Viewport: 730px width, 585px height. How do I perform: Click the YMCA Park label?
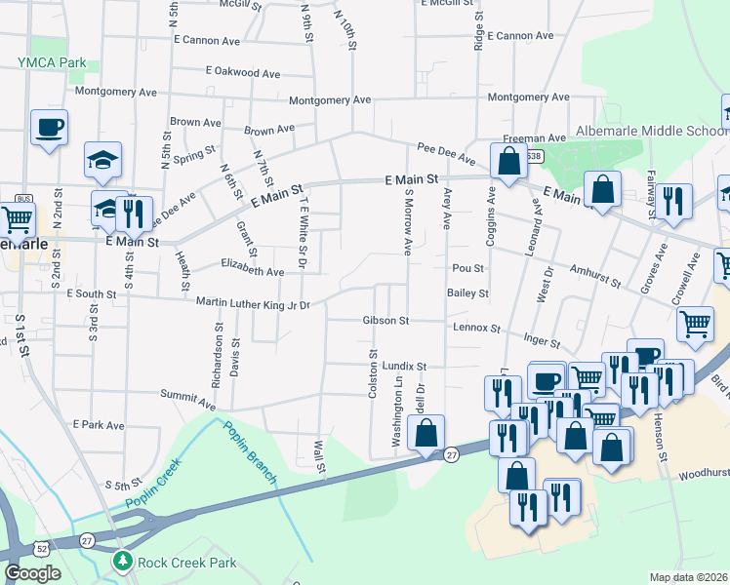pos(52,62)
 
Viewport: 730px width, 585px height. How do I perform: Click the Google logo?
pos(32,573)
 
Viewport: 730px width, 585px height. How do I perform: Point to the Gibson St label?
pos(385,320)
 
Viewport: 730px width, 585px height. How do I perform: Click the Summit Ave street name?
pos(187,401)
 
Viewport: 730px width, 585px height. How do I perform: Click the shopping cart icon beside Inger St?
pos(694,324)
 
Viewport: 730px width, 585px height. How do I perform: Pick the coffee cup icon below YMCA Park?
pos(49,126)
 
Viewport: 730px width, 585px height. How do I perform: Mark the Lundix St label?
pos(405,367)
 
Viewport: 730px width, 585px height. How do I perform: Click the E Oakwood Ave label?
pos(243,71)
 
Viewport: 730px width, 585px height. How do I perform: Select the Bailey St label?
pos(467,292)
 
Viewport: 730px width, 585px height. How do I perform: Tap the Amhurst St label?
pos(595,282)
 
